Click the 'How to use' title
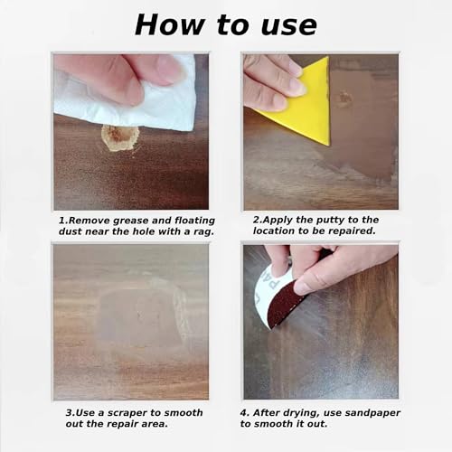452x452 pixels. (225, 24)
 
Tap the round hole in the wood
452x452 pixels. (119, 137)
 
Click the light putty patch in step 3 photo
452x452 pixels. (136, 312)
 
